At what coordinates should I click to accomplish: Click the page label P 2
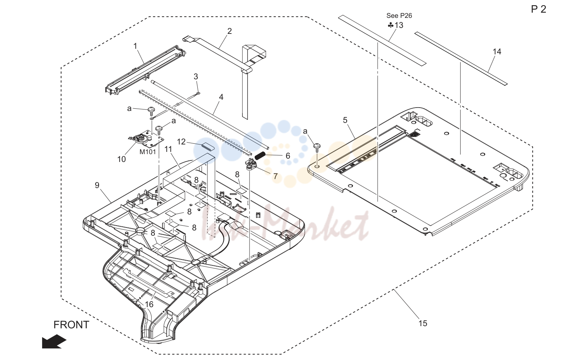pos(538,9)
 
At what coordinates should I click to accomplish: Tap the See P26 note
pos(399,16)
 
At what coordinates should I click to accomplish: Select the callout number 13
pos(399,25)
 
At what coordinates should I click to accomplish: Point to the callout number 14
pos(497,52)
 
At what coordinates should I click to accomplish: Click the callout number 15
pos(423,324)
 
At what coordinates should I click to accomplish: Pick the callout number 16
pos(149,305)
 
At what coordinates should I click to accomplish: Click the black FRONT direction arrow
pos(54,341)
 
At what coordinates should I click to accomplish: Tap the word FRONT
pos(71,325)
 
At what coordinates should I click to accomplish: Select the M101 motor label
pos(147,152)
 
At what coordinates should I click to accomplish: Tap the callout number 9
pos(97,185)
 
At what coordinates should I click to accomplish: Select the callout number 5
pos(345,120)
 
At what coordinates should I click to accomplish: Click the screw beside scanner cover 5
pos(317,147)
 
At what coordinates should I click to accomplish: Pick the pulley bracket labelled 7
pos(251,165)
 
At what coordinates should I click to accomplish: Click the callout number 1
pos(135,46)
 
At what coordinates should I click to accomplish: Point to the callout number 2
pos(229,31)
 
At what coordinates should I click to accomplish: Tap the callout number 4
pos(221,97)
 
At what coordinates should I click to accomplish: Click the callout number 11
pos(168,149)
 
